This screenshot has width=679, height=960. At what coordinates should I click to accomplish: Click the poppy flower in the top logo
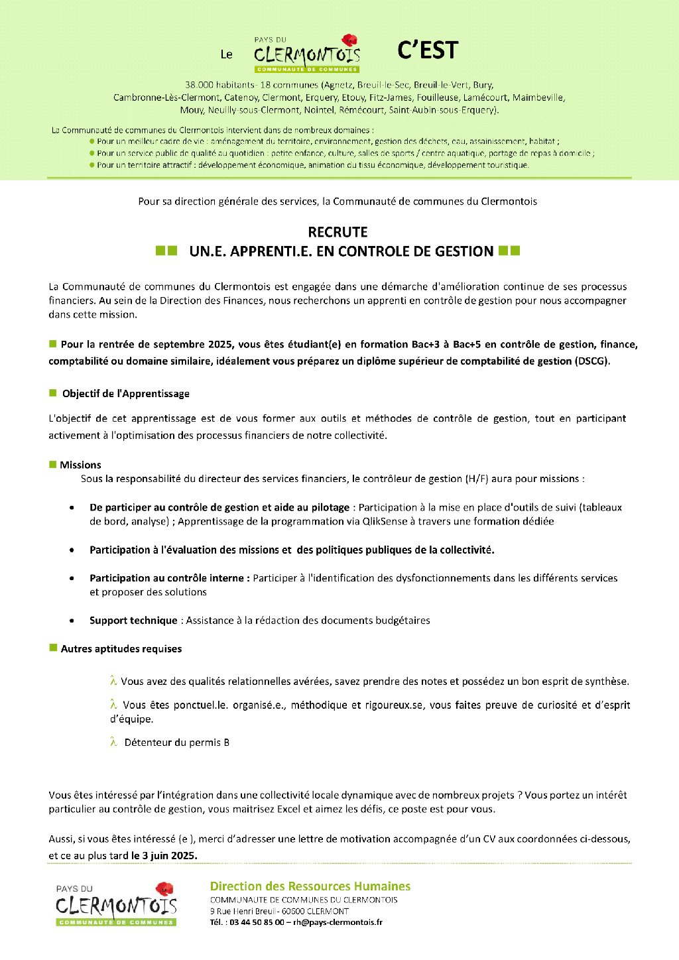coord(349,40)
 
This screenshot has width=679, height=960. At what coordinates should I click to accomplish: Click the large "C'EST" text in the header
coord(428,50)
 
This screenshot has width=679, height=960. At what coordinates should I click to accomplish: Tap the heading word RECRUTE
coord(338,232)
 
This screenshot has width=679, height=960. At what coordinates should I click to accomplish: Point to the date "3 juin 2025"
coord(164,855)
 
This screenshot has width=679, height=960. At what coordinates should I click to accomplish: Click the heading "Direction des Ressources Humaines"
coord(310,886)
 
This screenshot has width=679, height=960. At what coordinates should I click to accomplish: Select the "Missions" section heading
coord(80,465)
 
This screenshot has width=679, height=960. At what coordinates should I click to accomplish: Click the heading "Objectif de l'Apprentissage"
coord(125,394)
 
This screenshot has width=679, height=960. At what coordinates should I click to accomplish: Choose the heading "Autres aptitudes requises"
coord(121,649)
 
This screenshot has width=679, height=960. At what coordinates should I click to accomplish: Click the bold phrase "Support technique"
coord(133,621)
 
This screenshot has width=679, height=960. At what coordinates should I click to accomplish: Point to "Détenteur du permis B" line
coord(176,743)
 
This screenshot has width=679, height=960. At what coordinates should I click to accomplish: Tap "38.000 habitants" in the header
coord(220,85)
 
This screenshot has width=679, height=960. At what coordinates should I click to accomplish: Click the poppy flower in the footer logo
coord(164,889)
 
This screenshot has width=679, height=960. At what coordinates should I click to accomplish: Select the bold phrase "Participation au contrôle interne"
coord(169,578)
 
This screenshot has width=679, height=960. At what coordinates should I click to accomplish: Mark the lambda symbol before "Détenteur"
coord(113,743)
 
